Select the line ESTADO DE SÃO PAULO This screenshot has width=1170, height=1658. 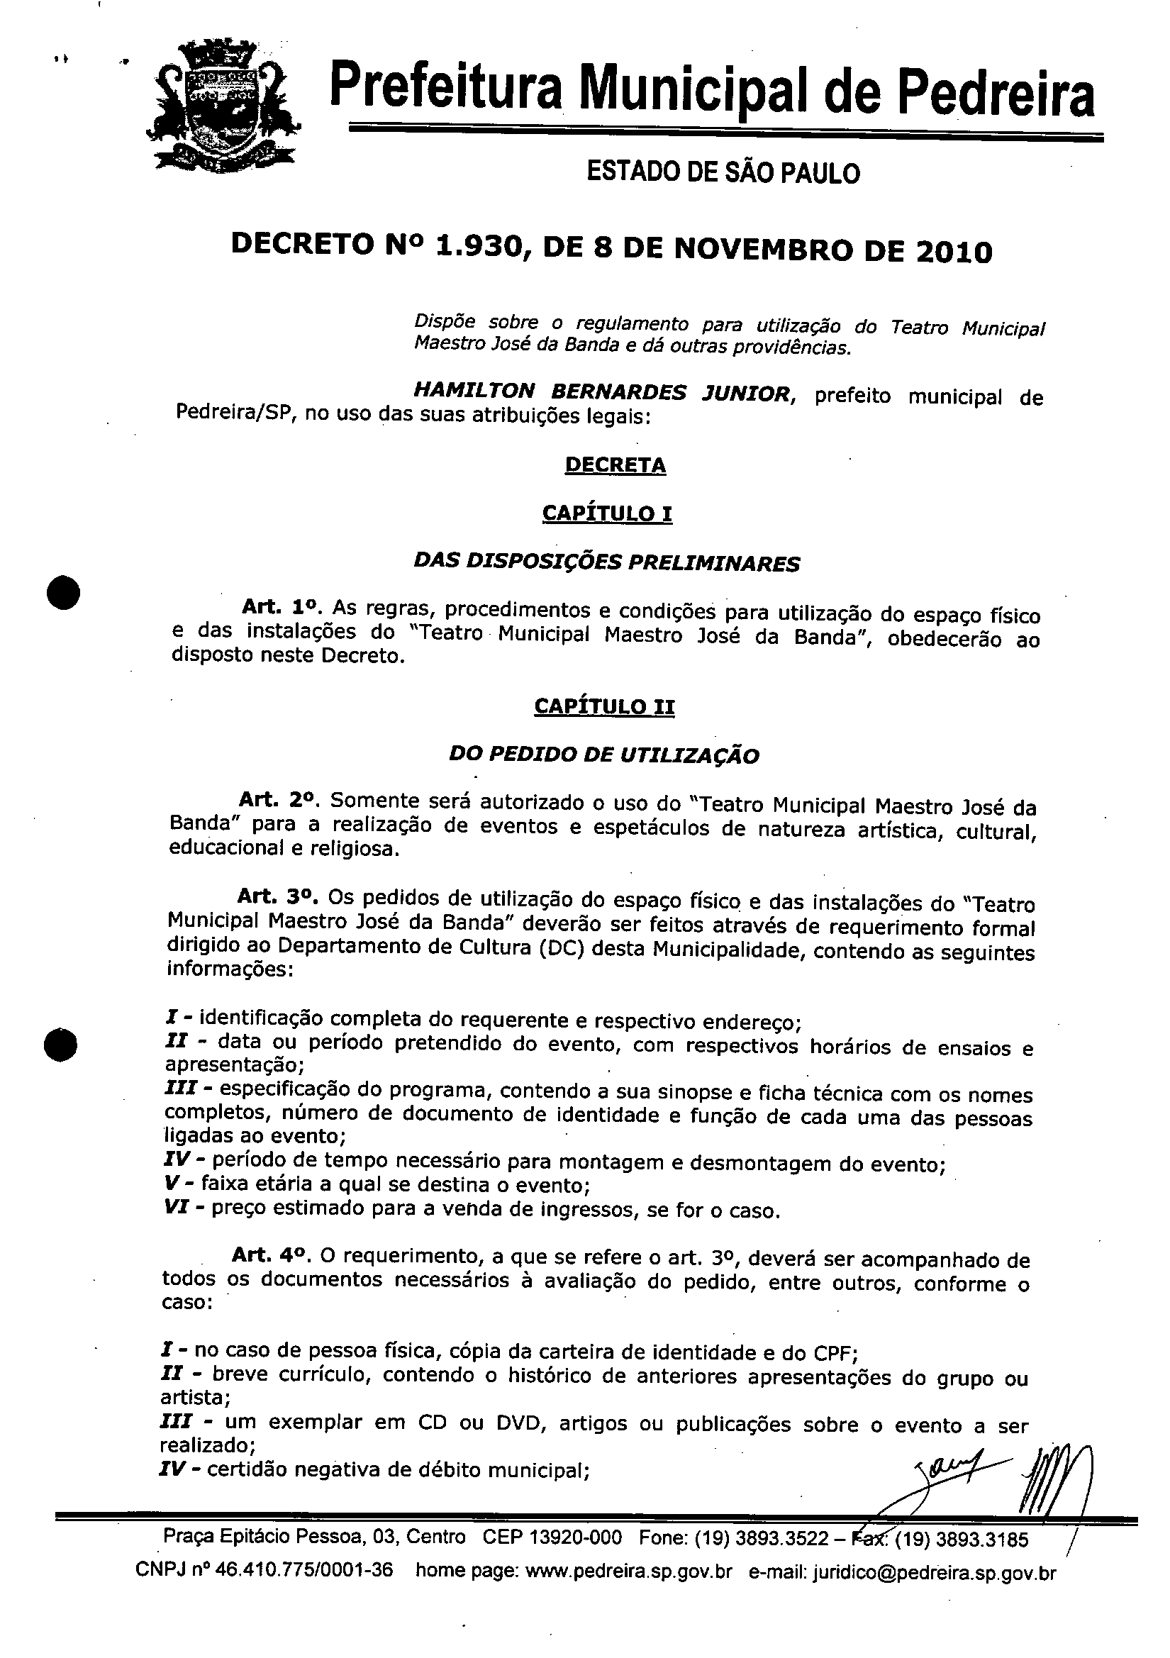pyautogui.click(x=723, y=172)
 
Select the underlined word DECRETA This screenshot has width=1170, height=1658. pyautogui.click(x=615, y=464)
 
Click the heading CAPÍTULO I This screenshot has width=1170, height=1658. pyautogui.click(x=607, y=513)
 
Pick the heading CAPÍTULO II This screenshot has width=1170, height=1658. pyautogui.click(x=604, y=706)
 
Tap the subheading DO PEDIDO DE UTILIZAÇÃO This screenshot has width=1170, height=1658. pyautogui.click(x=603, y=755)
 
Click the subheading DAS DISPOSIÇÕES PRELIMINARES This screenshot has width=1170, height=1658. pyautogui.click(x=607, y=562)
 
